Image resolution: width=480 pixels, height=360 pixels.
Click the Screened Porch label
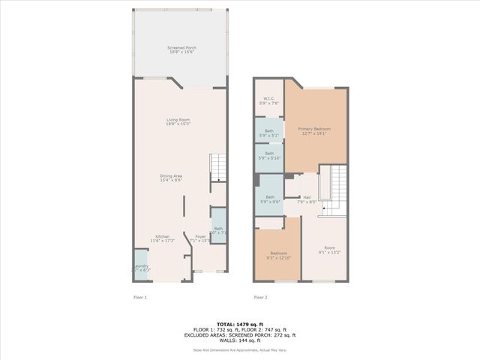tap(178, 50)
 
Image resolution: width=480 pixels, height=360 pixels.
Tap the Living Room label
tap(178, 121)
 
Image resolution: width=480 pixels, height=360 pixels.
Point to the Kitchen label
tap(163, 238)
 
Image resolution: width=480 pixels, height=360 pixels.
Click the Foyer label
tap(201, 238)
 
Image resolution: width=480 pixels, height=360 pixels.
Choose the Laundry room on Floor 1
tap(140, 267)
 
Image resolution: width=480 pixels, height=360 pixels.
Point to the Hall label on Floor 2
tap(306, 199)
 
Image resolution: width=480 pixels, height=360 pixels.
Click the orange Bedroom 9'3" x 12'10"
tap(278, 255)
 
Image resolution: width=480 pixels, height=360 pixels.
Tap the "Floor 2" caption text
tap(260, 298)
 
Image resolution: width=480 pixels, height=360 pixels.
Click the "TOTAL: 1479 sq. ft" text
tap(239, 323)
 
